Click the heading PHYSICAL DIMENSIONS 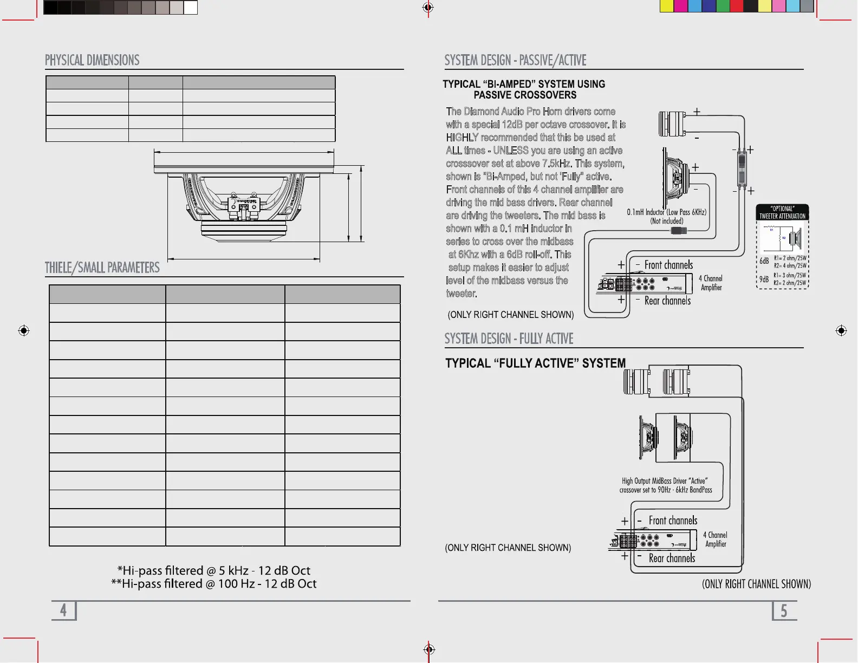point(92,60)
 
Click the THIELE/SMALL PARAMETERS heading point(102,268)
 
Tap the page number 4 point(63,610)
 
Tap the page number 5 point(783,611)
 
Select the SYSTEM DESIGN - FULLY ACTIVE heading point(509,339)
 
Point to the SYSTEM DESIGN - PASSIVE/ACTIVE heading point(515,60)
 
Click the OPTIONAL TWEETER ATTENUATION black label point(782,212)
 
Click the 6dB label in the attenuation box point(764,261)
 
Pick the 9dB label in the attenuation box point(764,279)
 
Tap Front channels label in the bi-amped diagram point(668,265)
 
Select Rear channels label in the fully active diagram point(672,558)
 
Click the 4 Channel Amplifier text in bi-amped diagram point(711,283)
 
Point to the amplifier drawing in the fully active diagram point(653,541)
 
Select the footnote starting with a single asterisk point(213,570)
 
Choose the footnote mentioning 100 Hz point(213,584)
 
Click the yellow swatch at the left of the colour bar point(666,6)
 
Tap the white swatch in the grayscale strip point(191,7)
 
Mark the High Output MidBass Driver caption point(665,485)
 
